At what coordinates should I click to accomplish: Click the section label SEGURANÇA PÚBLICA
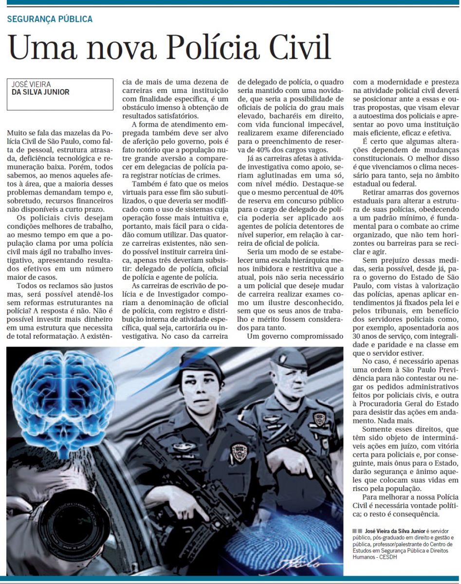coord(50,19)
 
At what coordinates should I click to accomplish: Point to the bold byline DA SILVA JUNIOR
coord(40,92)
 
